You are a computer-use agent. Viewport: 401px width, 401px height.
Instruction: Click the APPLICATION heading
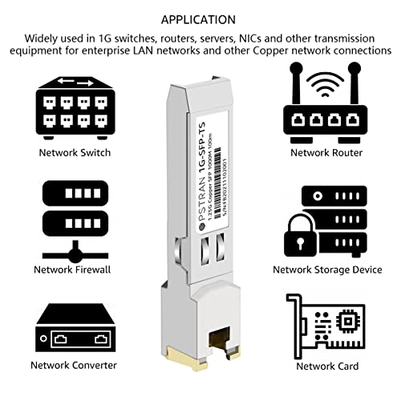[200, 18]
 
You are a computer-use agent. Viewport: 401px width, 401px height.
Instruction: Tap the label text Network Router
[326, 152]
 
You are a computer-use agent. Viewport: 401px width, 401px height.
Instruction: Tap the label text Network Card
[326, 366]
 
